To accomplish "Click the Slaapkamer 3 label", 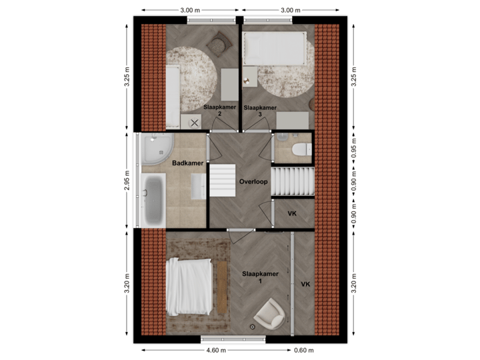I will pos(260,111).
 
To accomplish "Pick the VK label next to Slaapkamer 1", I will pos(305,285).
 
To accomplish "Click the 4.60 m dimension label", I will pos(215,350).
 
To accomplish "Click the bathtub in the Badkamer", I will pos(155,200).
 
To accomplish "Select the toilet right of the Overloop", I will pos(301,149).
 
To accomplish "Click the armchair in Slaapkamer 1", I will pos(271,313).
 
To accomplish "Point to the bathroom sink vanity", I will pos(199,185).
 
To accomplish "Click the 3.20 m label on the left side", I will pos(127,283).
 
